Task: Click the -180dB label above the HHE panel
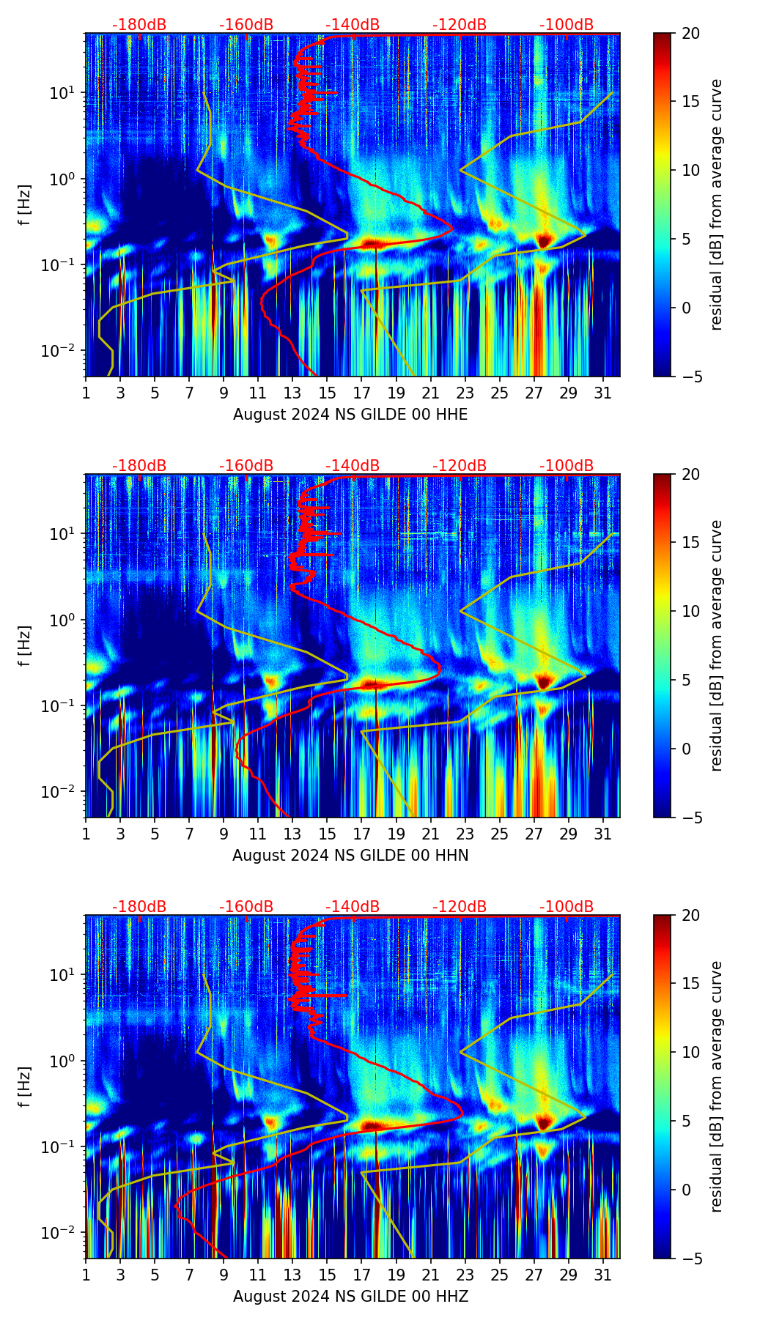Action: point(139,25)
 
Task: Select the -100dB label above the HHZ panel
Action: point(567,907)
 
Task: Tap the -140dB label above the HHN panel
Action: point(353,466)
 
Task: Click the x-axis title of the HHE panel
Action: point(350,415)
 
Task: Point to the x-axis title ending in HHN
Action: point(350,856)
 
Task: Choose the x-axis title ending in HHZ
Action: point(350,1297)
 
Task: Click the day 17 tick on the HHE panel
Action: point(361,393)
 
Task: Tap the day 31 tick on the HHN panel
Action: point(602,834)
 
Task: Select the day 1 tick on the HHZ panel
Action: point(86,1275)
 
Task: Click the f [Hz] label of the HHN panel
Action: point(25,645)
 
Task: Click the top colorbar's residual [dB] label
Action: point(716,204)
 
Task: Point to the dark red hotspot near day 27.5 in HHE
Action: point(543,240)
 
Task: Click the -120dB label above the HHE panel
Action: point(460,25)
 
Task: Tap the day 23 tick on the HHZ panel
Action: point(465,1275)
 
